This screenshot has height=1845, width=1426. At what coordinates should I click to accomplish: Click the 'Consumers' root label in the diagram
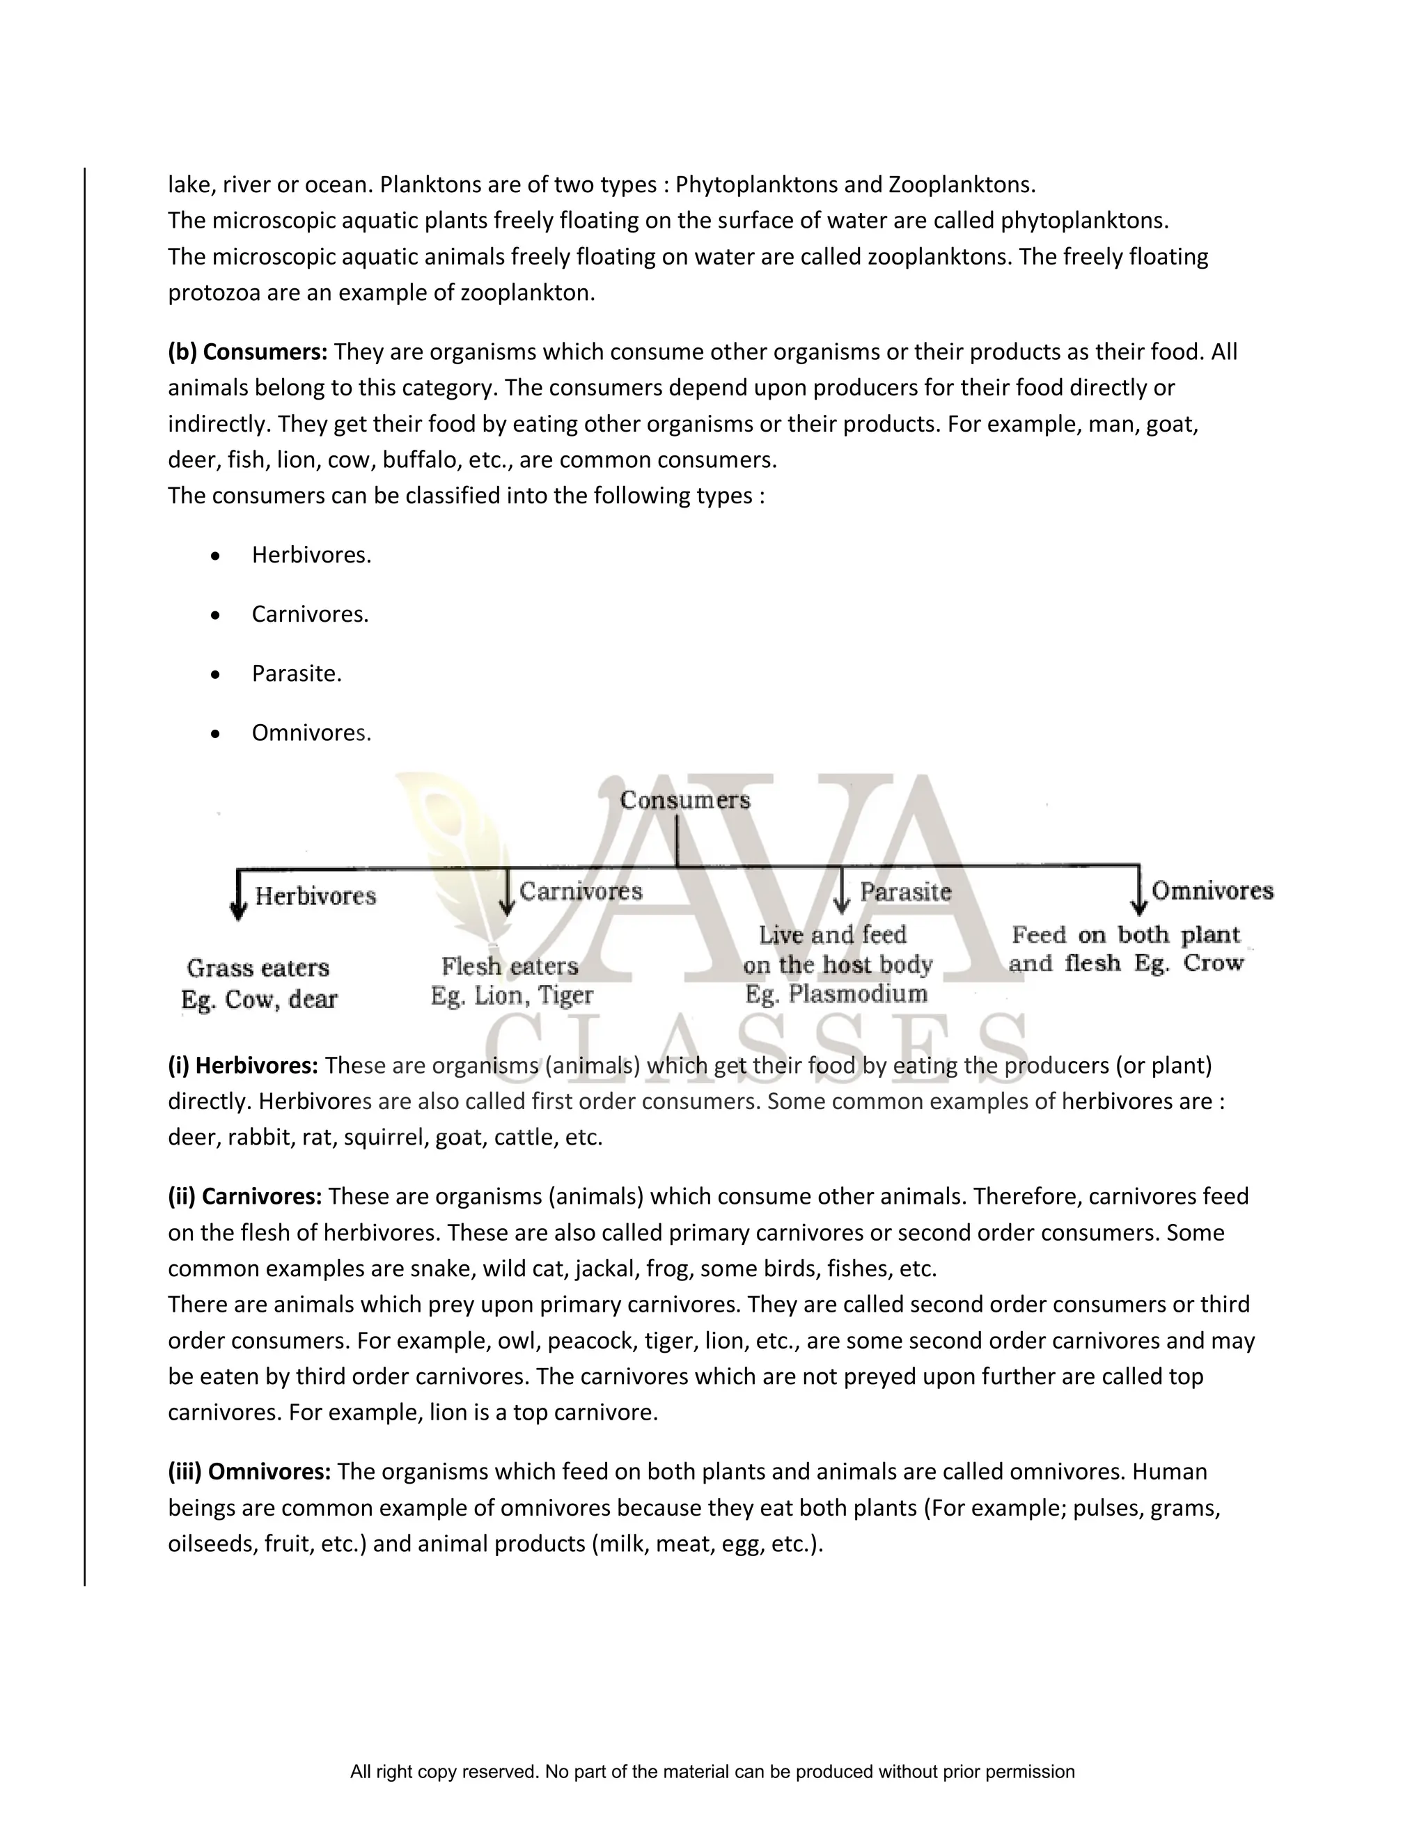pos(684,800)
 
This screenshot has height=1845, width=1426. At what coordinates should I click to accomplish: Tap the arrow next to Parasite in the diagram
pos(841,892)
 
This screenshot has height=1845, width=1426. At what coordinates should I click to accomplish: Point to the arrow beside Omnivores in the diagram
pos(1138,892)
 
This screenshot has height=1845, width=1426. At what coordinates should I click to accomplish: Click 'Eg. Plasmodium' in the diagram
pos(836,994)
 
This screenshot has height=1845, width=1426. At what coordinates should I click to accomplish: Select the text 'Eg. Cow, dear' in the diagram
pos(258,1000)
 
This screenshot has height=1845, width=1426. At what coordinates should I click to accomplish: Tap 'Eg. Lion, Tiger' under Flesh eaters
pos(511,996)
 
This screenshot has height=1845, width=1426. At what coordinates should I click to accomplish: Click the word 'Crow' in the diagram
pos(1213,963)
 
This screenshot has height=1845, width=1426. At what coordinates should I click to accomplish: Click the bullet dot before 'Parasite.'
pos(217,674)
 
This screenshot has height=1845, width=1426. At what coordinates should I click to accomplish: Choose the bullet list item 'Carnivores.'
pos(310,614)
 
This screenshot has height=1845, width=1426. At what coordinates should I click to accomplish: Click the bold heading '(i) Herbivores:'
pos(243,1065)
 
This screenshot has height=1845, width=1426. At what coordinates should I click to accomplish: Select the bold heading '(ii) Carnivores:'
pos(245,1196)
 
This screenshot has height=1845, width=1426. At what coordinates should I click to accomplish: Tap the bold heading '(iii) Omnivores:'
pos(249,1472)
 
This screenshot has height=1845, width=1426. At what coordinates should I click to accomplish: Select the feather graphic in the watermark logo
pos(460,854)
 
